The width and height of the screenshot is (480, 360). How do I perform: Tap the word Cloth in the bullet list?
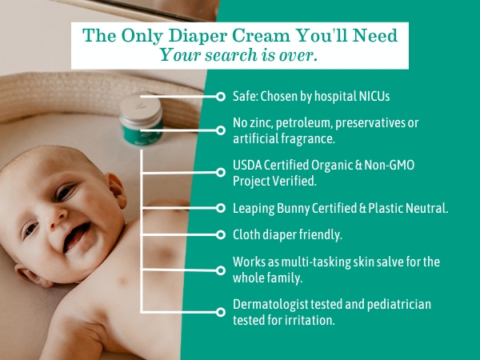247,234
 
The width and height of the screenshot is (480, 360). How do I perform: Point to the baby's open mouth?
78,234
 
